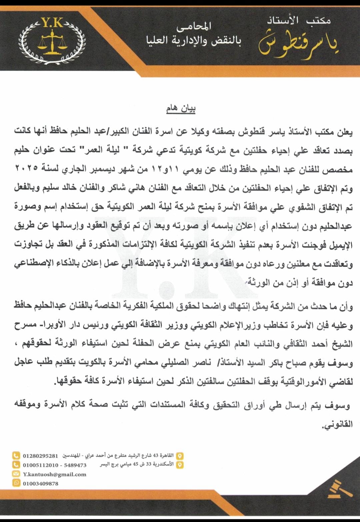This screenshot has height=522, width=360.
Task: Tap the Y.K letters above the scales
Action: tap(53, 23)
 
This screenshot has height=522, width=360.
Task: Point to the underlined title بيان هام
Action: tap(181, 109)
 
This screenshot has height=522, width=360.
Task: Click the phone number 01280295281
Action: tap(40, 456)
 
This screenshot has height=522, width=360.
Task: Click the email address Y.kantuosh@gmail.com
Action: tap(54, 474)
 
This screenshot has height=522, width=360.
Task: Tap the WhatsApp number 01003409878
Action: tap(40, 483)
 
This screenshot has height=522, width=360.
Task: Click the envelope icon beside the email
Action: tap(16, 474)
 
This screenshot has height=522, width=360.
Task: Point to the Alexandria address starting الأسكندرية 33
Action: tap(137, 464)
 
